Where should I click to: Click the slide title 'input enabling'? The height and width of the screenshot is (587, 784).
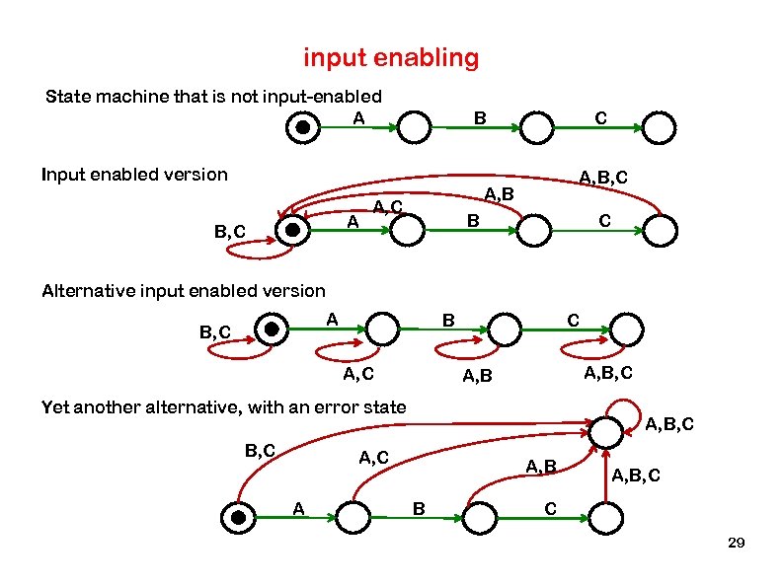pyautogui.click(x=391, y=58)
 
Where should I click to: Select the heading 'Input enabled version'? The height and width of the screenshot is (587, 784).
pyautogui.click(x=134, y=175)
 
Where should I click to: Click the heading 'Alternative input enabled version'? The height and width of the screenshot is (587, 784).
pyautogui.click(x=183, y=290)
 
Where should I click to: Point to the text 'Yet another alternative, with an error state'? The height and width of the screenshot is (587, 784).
pyautogui.click(x=223, y=406)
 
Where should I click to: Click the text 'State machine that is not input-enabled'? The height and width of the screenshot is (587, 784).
pyautogui.click(x=214, y=97)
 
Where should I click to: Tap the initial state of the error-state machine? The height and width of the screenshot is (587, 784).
pyautogui.click(x=237, y=517)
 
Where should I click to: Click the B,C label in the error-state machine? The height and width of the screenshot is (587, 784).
pyautogui.click(x=260, y=450)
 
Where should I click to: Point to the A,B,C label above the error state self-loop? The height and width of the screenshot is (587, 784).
pyautogui.click(x=670, y=425)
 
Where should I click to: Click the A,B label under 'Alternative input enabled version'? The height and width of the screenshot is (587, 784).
pyautogui.click(x=478, y=376)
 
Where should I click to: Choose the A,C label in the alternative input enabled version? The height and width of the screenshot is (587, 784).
pyautogui.click(x=357, y=373)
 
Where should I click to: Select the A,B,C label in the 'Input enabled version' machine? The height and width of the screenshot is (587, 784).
pyautogui.click(x=603, y=178)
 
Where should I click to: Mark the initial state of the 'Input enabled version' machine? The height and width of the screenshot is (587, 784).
pyautogui.click(x=291, y=230)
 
